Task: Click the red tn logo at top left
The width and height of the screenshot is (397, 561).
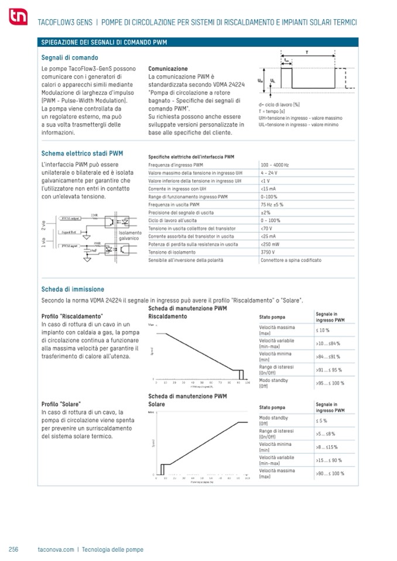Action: click(18, 20)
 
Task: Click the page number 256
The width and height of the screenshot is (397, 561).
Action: click(14, 549)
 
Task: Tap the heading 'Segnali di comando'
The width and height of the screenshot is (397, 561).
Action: click(70, 58)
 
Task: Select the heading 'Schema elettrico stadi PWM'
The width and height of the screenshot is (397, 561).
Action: click(82, 154)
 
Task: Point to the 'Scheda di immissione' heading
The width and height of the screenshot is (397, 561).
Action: click(73, 289)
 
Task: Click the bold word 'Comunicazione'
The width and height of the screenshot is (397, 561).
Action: click(168, 68)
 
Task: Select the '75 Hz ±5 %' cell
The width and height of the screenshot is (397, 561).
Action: click(272, 205)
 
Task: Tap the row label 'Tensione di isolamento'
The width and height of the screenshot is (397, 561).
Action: click(174, 252)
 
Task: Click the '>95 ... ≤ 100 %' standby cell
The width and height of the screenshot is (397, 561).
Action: click(332, 383)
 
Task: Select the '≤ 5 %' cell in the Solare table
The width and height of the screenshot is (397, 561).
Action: click(321, 421)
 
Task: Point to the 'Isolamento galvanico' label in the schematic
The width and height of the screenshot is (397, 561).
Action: click(129, 235)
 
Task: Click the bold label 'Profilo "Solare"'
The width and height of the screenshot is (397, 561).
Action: click(61, 404)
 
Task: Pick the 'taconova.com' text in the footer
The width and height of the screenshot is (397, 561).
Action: click(56, 549)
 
